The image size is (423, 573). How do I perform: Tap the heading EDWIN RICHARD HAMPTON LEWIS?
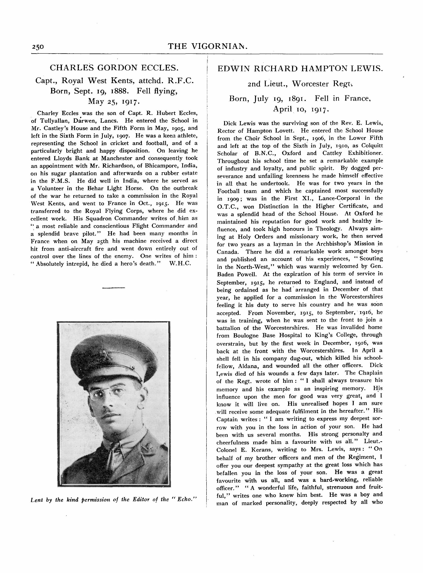[300, 69]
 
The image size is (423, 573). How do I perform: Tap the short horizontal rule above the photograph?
[113, 288]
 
